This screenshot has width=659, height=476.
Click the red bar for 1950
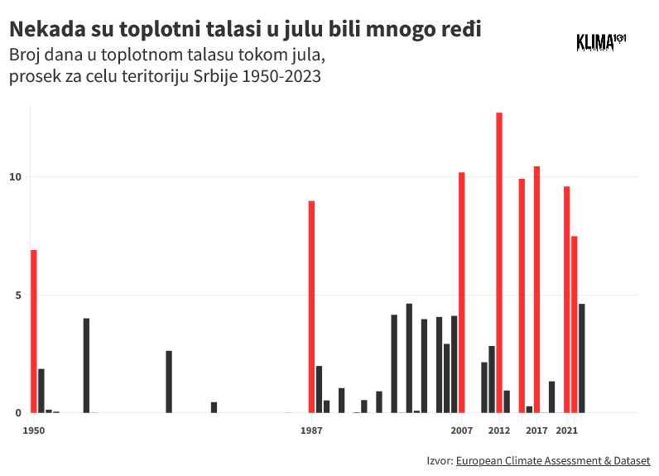click(x=34, y=331)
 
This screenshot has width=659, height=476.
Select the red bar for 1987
click(x=311, y=306)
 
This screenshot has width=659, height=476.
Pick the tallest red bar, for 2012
click(x=499, y=262)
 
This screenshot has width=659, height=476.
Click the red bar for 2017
click(x=536, y=290)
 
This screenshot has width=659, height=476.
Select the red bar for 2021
click(x=567, y=300)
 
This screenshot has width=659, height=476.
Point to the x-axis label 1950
click(x=34, y=430)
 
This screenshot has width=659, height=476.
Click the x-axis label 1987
click(x=311, y=430)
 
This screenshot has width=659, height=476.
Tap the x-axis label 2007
click(x=462, y=430)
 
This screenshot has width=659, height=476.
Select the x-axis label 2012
click(x=499, y=430)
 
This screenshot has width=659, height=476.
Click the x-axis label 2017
click(x=536, y=430)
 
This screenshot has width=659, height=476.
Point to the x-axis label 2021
click(x=567, y=430)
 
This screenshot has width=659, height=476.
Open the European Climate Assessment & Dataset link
click(x=552, y=460)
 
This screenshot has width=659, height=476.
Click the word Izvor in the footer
click(x=439, y=460)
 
